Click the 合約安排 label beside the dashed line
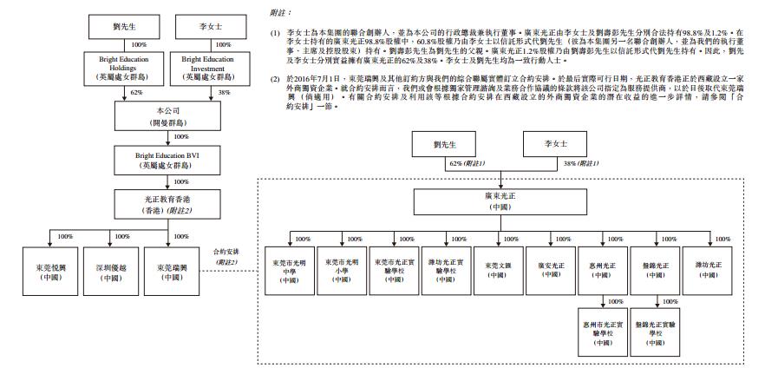(x=226, y=253)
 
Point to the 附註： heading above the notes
(x=281, y=14)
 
